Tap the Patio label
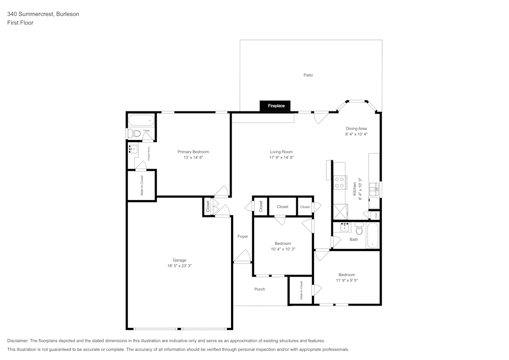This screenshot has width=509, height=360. coord(308,75)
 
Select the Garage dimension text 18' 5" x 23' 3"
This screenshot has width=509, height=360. coord(179,266)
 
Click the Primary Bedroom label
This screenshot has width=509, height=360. coord(193,152)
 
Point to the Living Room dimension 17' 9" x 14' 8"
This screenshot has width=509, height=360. coord(281,157)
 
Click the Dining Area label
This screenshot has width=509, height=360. coord(356,128)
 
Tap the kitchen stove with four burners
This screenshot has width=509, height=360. coord(339,182)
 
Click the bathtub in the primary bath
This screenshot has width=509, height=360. coord(141,121)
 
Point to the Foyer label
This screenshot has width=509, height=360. coord(243,236)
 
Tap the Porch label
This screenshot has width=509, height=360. coord(260,289)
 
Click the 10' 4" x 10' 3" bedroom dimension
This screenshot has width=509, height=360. coord(283,249)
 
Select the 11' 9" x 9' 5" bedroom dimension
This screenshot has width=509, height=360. coord(347,280)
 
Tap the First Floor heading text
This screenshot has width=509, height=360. coord(20,23)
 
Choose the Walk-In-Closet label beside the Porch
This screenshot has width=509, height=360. coord(301,290)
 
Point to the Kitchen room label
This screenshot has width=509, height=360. coord(354,189)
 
